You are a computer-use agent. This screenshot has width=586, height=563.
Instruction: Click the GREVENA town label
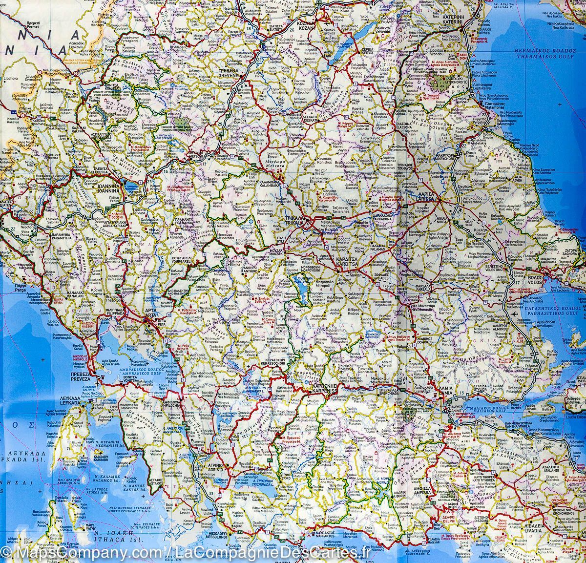(227, 77)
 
